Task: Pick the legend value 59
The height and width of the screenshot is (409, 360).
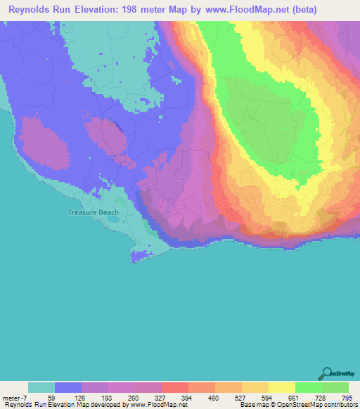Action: pyautogui.click(x=55, y=397)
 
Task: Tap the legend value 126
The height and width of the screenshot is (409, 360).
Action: pyautogui.click(x=82, y=397)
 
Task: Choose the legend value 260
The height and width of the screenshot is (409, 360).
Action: pyautogui.click(x=135, y=397)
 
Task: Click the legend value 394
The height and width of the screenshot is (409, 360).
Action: pyautogui.click(x=188, y=397)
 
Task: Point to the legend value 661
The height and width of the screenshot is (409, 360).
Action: pyautogui.click(x=295, y=397)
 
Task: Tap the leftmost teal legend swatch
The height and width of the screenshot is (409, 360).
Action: pyautogui.click(x=41, y=387)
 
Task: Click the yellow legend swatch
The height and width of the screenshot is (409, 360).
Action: pyautogui.click(x=282, y=387)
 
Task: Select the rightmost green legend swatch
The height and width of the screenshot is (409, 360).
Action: pyautogui.click(x=335, y=387)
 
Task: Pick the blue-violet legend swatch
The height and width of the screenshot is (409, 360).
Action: pyautogui.click(x=68, y=387)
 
